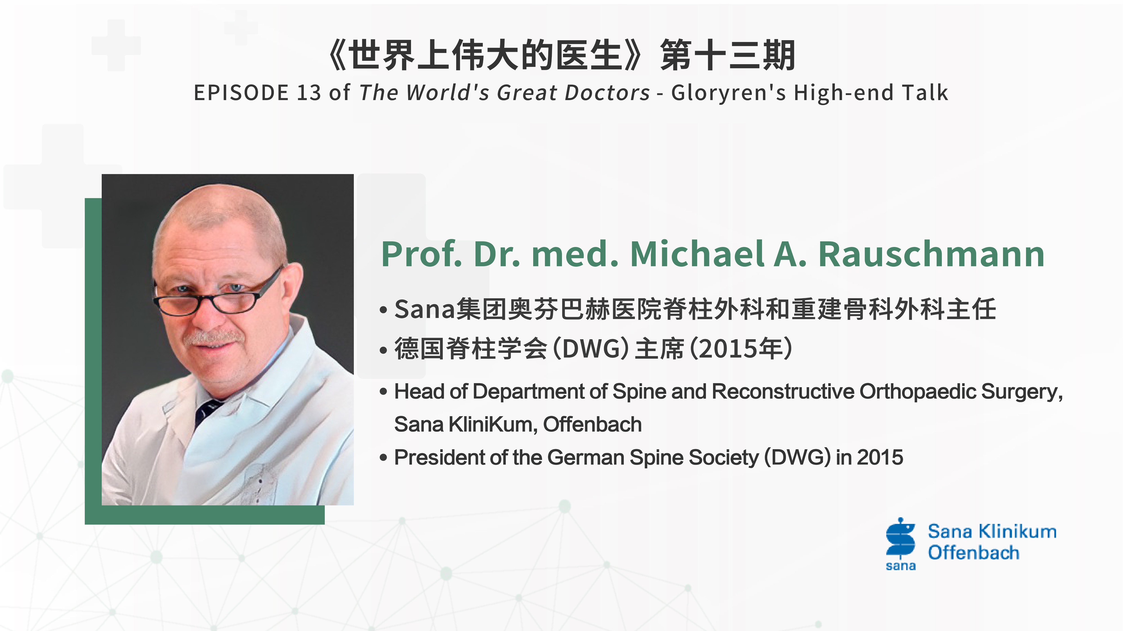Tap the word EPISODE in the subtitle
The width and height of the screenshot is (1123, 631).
pos(241,93)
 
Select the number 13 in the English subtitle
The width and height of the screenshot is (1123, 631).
pos(309,93)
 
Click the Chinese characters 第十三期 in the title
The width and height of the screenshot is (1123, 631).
pos(728,55)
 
